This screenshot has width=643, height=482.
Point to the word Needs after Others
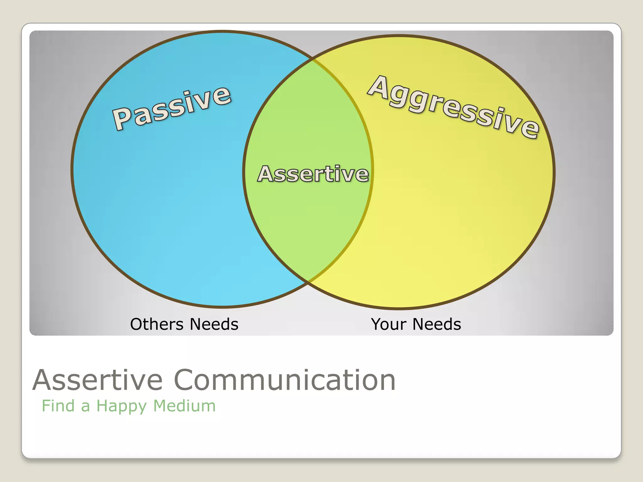click(214, 324)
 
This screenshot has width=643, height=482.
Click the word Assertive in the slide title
click(97, 380)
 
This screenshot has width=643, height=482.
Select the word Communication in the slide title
click(284, 380)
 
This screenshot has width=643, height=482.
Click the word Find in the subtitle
click(58, 406)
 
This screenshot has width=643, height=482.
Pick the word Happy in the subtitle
click(121, 406)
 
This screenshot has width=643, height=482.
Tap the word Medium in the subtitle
click(184, 406)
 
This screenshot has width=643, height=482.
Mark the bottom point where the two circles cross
click(308, 282)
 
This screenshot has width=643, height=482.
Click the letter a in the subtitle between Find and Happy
click(85, 406)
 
